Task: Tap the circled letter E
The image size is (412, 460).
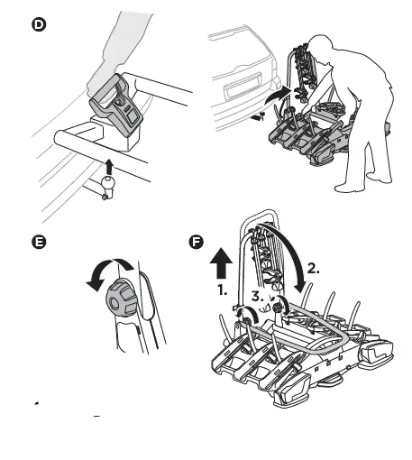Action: pos(37,242)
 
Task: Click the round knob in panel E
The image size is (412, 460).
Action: pos(120,297)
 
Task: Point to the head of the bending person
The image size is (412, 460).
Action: pos(318,46)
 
